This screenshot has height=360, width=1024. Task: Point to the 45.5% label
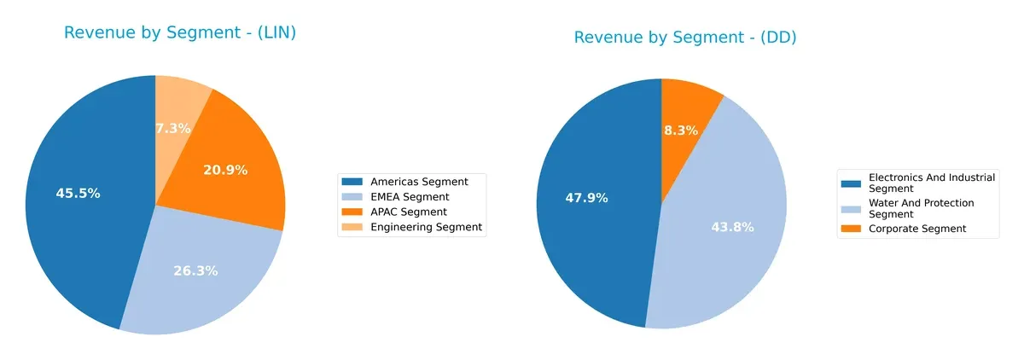pos(78,194)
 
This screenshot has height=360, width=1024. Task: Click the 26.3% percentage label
pos(195,271)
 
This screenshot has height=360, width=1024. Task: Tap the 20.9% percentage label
pos(225,171)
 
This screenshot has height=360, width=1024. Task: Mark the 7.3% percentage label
pos(172,129)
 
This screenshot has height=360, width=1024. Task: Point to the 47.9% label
pos(586,198)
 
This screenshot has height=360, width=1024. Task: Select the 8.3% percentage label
pos(681,131)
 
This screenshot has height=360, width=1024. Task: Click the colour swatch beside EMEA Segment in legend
pos(351,197)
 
